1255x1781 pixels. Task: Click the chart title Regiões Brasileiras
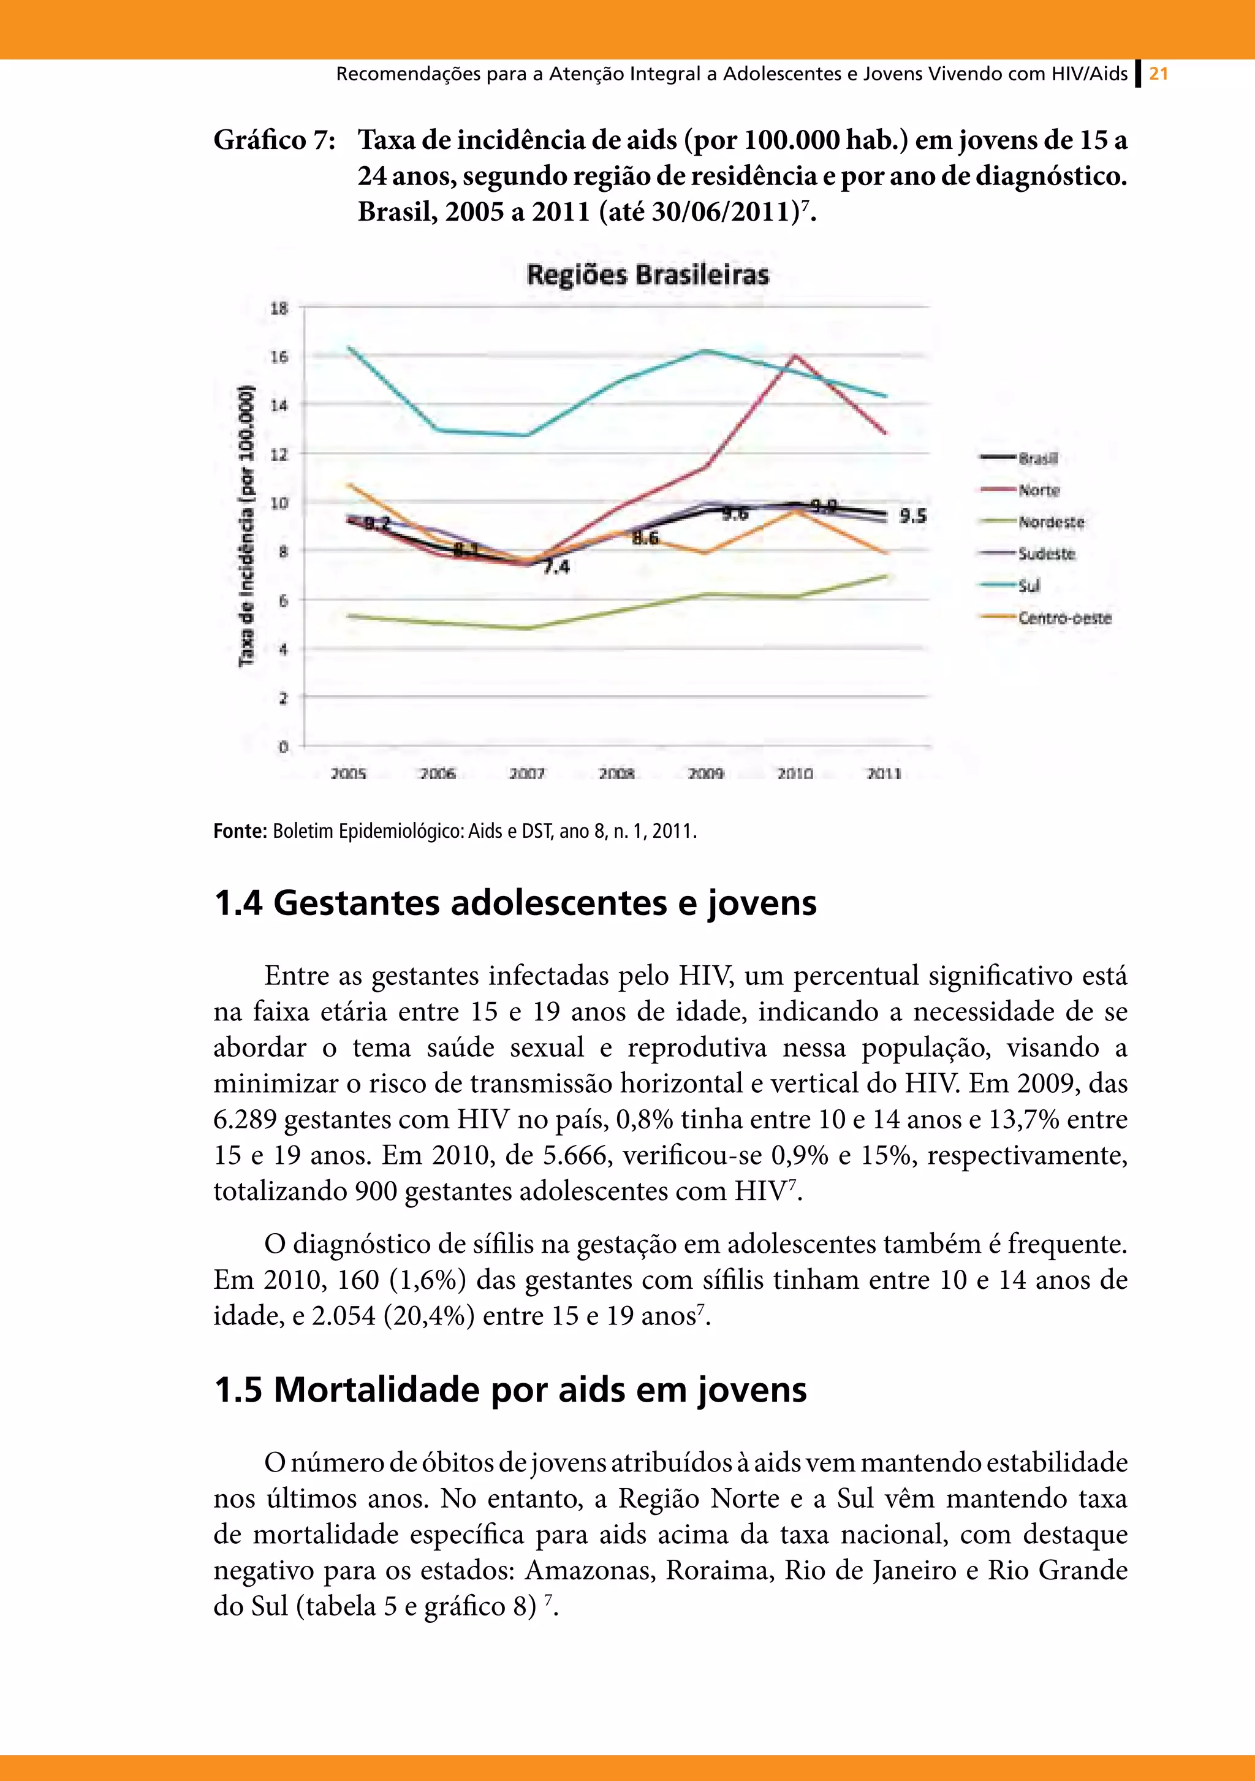[648, 275]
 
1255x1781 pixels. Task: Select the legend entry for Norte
[1038, 490]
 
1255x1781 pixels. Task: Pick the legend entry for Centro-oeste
[1064, 618]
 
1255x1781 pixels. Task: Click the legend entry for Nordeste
[1051, 522]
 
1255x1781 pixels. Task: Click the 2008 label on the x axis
[616, 773]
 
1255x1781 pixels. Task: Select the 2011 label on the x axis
[884, 773]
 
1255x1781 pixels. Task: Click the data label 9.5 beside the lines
[913, 516]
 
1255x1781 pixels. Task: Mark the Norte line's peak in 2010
[795, 355]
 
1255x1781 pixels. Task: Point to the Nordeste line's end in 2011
[885, 575]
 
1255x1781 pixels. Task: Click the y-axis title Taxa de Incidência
[246, 525]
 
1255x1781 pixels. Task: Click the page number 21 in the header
[1159, 75]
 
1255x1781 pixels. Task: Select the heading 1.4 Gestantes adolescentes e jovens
[515, 903]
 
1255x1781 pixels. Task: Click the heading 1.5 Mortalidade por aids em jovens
[510, 1389]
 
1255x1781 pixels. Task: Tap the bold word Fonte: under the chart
[240, 832]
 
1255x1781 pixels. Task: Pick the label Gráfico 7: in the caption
[274, 140]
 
